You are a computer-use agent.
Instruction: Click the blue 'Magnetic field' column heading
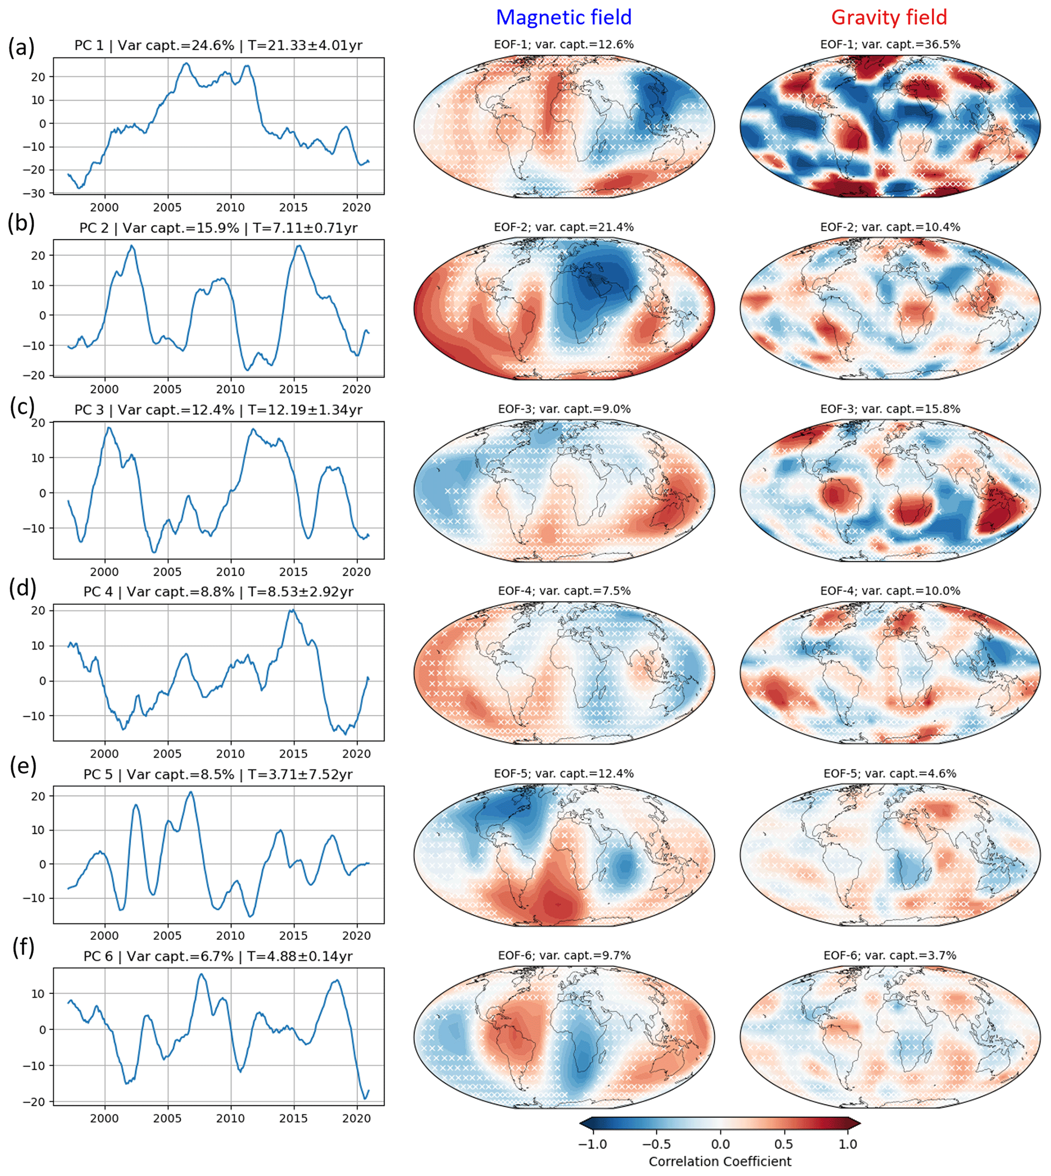563,17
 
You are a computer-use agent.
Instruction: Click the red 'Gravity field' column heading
889,17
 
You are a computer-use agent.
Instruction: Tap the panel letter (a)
21,47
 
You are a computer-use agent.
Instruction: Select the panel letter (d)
23,588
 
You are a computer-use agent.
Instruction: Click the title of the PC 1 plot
218,46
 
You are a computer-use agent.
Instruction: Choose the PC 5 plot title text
218,775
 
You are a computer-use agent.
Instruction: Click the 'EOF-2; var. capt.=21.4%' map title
563,227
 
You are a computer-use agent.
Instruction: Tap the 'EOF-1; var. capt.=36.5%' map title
890,44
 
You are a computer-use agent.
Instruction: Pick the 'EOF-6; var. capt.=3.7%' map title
890,955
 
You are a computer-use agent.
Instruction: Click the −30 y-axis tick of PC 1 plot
37,193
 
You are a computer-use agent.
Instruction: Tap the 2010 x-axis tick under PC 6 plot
230,1118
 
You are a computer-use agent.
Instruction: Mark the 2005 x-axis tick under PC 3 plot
167,572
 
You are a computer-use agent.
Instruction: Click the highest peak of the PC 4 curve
293,610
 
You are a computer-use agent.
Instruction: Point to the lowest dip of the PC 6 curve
365,1099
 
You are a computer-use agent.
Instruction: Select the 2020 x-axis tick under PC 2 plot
356,389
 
